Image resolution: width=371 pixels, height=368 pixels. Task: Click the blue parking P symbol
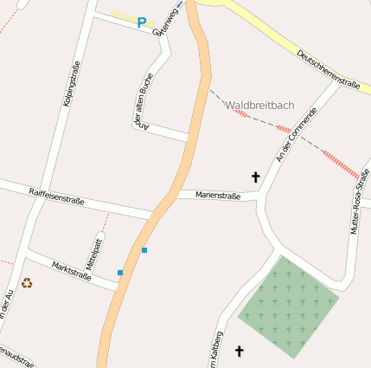pos(142,23)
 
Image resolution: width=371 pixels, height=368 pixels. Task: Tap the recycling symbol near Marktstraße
pos(27,282)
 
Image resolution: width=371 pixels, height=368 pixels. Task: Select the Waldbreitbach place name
pos(259,106)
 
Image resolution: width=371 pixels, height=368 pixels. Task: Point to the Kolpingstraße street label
pos(72,84)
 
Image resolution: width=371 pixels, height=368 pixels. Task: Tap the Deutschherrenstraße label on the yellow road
pos(328,69)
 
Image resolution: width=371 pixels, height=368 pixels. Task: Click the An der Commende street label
pos(290,135)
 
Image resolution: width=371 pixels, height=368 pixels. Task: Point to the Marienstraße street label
pos(218,196)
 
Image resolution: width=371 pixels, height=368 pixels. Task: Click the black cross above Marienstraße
pos(255,177)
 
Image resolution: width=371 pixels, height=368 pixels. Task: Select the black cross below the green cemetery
pos(240,351)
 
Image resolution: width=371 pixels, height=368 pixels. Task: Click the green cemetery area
pos(287,306)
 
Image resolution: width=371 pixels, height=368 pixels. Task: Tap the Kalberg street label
pos(217,350)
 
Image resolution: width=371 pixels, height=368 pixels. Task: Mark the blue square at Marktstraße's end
pos(120,273)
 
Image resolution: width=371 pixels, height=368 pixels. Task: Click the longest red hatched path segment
pos(340,165)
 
